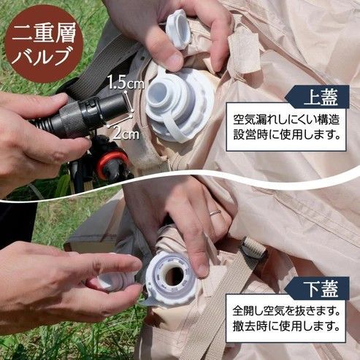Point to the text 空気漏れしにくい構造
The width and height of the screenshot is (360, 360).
287,119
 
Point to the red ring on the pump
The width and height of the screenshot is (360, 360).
112,161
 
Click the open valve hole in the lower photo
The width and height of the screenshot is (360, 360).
173,275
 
